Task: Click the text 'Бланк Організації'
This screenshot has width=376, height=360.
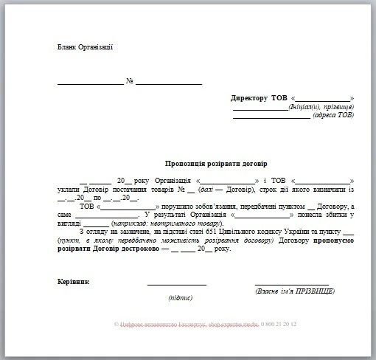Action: coord(85,48)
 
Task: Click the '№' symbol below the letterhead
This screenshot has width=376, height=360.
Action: coord(129,81)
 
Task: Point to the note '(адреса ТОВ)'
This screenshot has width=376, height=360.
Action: coord(333,117)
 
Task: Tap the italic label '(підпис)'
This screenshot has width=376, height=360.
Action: coord(180,298)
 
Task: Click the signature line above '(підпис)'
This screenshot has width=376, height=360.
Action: coord(177,285)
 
